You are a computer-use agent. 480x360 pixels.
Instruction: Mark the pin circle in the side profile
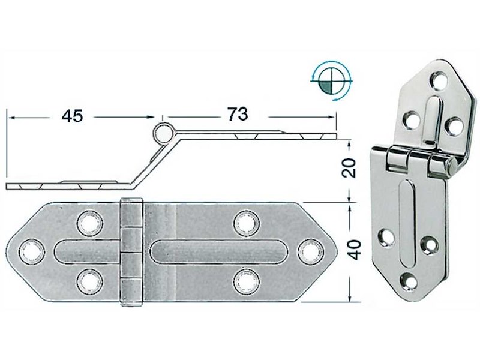(x=162, y=131)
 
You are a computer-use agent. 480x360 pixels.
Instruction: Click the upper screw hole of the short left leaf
(x=89, y=223)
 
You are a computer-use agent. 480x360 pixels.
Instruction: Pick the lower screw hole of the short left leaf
(x=89, y=280)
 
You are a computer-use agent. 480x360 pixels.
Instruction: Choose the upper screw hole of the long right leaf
(x=245, y=223)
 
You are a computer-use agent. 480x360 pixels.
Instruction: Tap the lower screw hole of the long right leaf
(x=245, y=280)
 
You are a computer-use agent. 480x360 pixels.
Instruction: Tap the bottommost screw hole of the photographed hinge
(x=409, y=279)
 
